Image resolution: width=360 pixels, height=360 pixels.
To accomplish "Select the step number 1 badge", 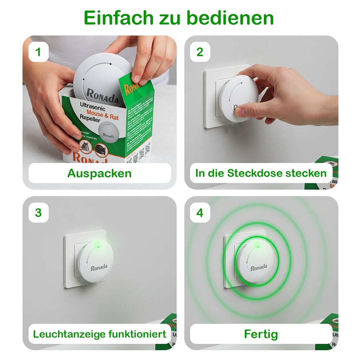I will [x=38, y=52].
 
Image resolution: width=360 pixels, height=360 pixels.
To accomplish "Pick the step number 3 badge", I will [x=38, y=213].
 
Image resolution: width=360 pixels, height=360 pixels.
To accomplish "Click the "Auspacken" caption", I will [x=99, y=173].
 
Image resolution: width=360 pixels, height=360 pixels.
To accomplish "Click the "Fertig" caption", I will [x=261, y=334].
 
